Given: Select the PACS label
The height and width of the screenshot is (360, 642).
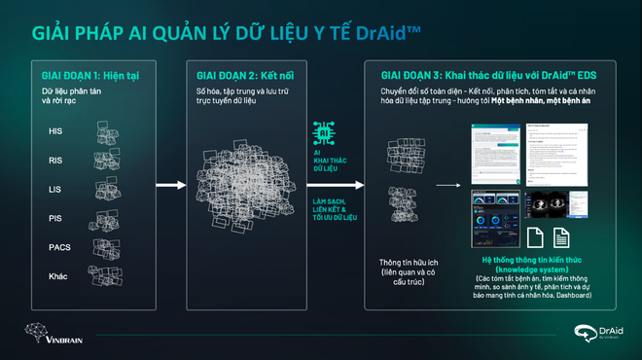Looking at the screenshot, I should tap(59, 247).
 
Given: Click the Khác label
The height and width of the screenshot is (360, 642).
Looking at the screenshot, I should tap(58, 276).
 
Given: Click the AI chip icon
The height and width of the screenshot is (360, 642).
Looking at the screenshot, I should tap(325, 133).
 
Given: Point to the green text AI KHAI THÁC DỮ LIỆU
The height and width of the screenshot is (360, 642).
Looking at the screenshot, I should tap(325, 162).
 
